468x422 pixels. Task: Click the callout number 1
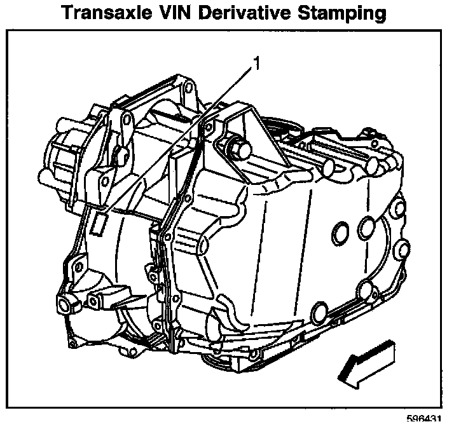(256, 63)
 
